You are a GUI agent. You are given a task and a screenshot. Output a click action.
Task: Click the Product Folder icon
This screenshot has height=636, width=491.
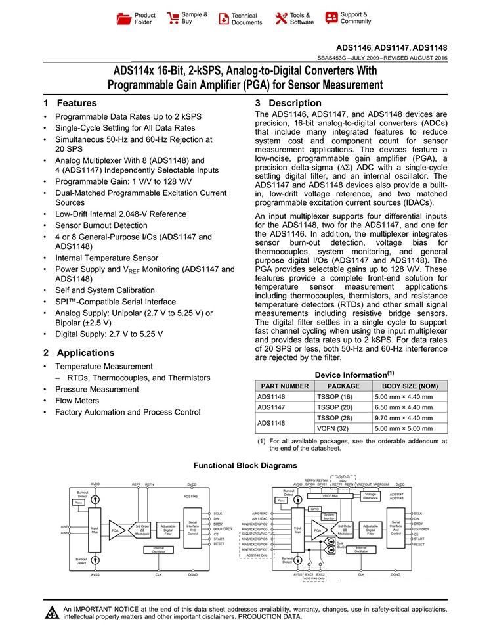(123, 18)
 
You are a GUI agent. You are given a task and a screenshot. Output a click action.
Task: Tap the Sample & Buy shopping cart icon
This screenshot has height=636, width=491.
(173, 18)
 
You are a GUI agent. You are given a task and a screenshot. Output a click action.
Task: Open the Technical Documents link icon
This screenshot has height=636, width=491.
(224, 18)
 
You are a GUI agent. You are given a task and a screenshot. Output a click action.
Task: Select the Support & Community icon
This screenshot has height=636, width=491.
(331, 18)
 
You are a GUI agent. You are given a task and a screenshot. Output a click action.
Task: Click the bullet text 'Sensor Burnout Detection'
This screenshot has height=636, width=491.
(101, 225)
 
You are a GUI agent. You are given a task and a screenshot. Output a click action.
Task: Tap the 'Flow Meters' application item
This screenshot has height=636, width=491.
(77, 400)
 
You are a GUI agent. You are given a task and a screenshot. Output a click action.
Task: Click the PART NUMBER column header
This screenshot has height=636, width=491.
(283, 386)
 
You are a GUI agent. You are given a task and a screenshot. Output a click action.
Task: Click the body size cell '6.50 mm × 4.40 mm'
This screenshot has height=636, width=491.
(403, 407)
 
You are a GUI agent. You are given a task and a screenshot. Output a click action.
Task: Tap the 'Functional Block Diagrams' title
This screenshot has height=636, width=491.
(245, 465)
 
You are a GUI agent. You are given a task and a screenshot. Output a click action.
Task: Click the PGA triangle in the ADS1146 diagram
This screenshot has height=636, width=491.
(116, 530)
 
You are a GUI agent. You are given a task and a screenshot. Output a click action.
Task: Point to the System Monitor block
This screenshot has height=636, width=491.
(329, 516)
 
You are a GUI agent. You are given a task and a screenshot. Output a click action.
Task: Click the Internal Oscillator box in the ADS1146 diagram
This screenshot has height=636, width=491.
(158, 549)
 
